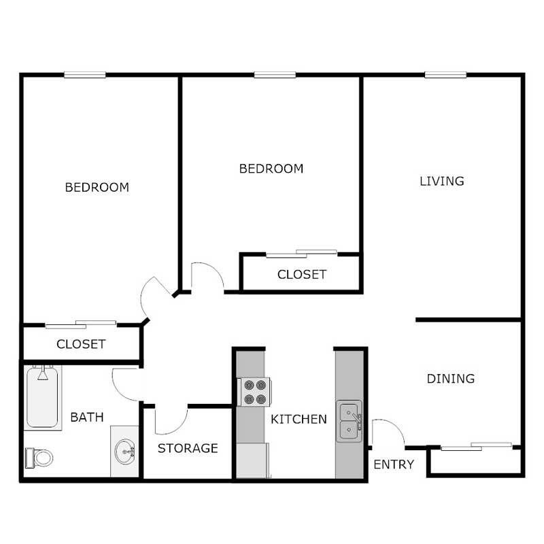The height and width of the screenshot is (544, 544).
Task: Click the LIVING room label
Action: pos(441,181)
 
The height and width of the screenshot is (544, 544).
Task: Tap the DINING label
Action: pos(450,379)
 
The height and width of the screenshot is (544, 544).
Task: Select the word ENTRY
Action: pos(394,465)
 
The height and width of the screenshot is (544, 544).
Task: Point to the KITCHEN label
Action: pos(299,419)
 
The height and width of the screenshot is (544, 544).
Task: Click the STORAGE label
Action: pos(188,448)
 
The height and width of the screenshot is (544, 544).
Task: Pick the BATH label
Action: pos(87,417)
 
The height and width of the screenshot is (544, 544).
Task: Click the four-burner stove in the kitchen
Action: pos(255,392)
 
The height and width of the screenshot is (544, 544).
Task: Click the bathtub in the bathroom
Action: pos(44,398)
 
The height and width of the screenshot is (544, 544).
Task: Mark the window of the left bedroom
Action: pos(85,75)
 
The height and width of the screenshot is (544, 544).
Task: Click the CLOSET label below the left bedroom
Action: pos(81,344)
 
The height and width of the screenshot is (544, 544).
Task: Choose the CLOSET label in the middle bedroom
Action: pos(302,275)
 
